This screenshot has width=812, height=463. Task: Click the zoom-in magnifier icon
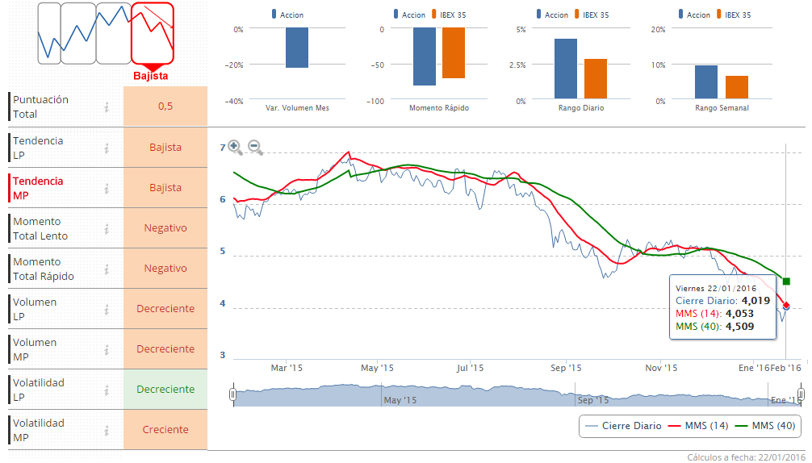(x=235, y=147)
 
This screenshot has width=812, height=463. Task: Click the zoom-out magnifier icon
(x=255, y=147)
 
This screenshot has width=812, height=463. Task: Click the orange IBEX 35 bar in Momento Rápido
(x=454, y=53)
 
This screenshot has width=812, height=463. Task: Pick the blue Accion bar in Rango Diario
(x=566, y=68)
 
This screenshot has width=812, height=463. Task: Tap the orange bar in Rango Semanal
(x=736, y=86)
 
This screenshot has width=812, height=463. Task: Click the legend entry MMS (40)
(x=764, y=425)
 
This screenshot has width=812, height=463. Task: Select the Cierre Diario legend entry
(x=622, y=425)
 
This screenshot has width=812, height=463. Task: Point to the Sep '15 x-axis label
(x=566, y=368)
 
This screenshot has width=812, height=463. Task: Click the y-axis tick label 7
(x=223, y=148)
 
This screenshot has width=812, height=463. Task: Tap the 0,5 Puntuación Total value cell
(x=165, y=106)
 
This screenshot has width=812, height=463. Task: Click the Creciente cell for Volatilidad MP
(x=165, y=430)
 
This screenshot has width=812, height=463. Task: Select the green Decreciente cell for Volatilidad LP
(x=165, y=390)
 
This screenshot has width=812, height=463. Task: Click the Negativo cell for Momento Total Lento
(x=165, y=228)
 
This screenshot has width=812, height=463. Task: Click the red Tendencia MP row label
(x=38, y=188)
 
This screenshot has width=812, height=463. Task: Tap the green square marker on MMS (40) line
(x=786, y=281)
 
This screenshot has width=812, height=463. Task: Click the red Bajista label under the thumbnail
(x=150, y=76)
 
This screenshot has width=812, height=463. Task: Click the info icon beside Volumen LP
(x=107, y=309)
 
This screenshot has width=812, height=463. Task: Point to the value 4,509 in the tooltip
(x=740, y=327)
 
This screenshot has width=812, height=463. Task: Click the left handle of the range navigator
(x=233, y=394)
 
